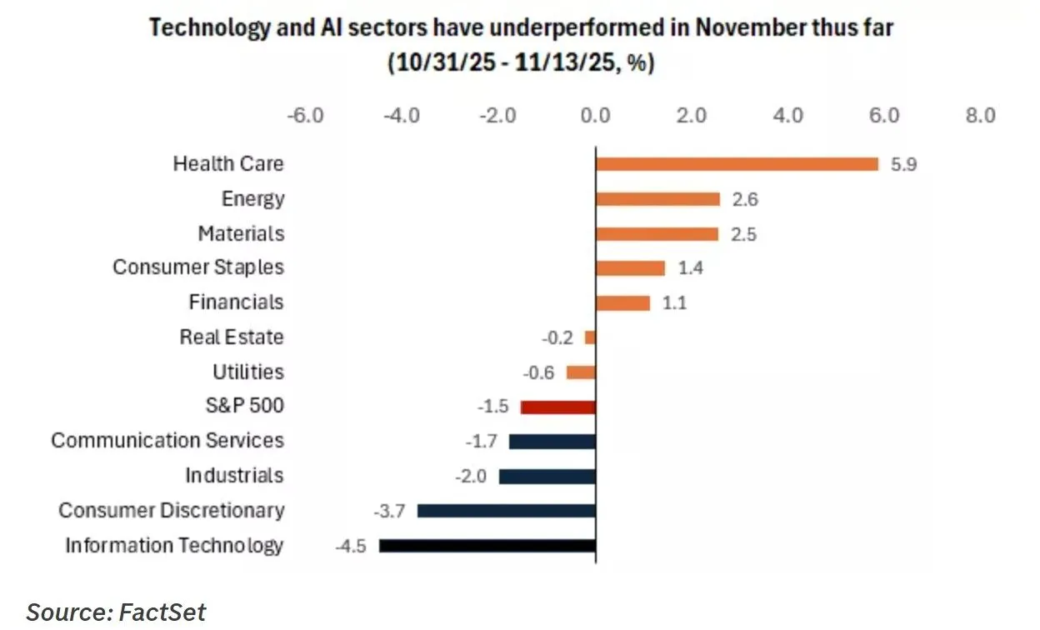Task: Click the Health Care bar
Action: (737, 164)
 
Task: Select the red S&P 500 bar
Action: (557, 407)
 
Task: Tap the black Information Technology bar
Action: (487, 546)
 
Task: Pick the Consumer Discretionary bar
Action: (506, 511)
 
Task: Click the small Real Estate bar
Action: (590, 337)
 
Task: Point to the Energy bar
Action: (657, 199)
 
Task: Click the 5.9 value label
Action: (903, 164)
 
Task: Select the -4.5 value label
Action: (350, 546)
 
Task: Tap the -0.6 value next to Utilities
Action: (538, 372)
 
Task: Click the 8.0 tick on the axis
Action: (980, 115)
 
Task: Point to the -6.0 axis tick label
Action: (304, 115)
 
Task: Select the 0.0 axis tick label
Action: (595, 115)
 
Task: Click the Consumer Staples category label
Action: (198, 267)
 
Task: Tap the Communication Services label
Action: (167, 441)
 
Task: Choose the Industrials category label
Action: (234, 476)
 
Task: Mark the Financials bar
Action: (622, 302)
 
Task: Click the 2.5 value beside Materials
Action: (742, 234)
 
